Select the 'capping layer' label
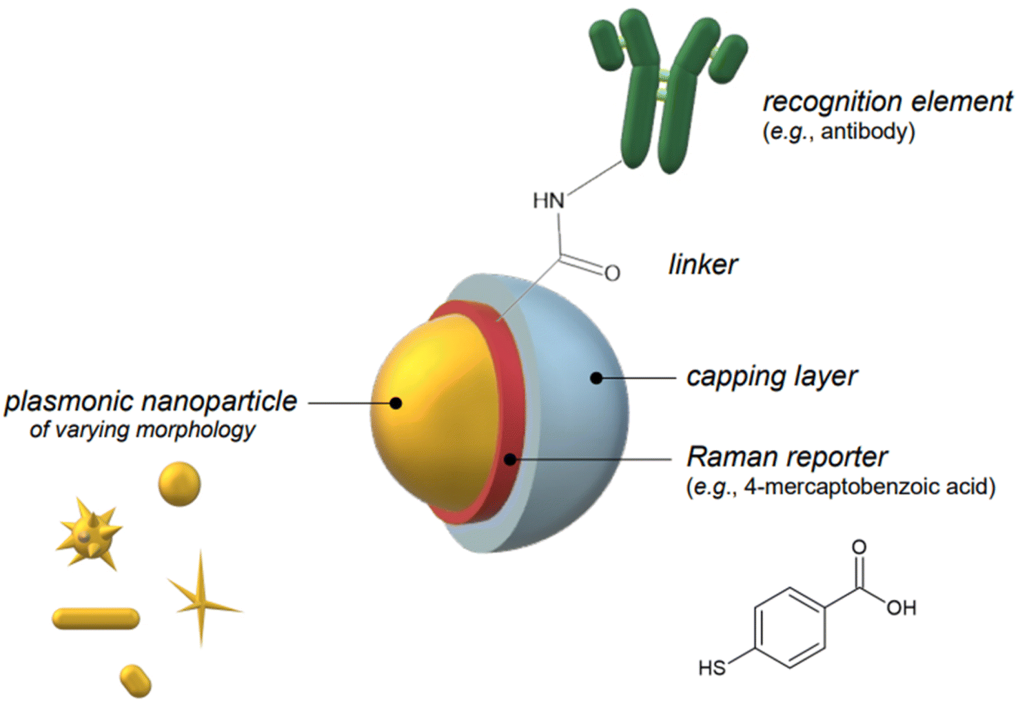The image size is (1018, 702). click(772, 377)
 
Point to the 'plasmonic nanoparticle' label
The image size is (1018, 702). click(150, 402)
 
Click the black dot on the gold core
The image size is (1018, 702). click(396, 403)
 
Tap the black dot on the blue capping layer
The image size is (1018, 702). click(596, 378)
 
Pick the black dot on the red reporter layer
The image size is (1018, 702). click(510, 460)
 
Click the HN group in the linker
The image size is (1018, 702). click(549, 201)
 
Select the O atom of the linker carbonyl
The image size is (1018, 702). click(612, 273)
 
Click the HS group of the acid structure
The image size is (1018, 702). click(713, 668)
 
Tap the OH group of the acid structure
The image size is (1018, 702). click(902, 608)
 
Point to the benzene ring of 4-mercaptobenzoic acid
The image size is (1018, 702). click(789, 628)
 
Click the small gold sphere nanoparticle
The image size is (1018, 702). click(179, 484)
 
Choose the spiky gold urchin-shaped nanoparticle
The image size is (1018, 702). click(89, 535)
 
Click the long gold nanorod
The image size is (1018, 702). click(96, 619)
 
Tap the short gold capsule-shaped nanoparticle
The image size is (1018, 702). click(135, 681)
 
